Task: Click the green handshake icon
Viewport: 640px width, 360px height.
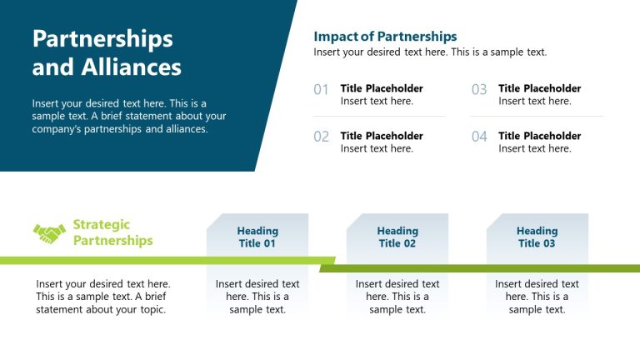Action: (x=49, y=234)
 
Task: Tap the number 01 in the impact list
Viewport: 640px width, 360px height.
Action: (x=322, y=89)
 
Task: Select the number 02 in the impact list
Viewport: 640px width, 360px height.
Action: (x=322, y=137)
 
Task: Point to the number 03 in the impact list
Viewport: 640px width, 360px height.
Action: (x=479, y=89)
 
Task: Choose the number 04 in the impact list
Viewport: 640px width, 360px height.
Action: (x=479, y=137)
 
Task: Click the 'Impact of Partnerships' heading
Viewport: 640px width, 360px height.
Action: (x=385, y=37)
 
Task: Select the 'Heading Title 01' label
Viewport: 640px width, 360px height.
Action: (x=257, y=237)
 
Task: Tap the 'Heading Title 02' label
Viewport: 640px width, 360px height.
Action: (x=397, y=237)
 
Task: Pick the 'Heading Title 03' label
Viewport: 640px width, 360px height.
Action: (x=537, y=237)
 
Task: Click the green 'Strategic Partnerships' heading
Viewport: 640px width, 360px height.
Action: (x=112, y=232)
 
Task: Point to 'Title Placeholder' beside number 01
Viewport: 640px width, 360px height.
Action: (x=382, y=88)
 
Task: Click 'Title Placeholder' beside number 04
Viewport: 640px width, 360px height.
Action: (x=540, y=136)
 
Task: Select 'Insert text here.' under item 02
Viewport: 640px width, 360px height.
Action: (x=377, y=149)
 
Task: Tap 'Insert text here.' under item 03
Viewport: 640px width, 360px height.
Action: (x=535, y=102)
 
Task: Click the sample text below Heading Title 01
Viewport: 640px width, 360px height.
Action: (x=257, y=297)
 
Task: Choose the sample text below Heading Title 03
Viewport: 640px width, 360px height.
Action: (x=537, y=297)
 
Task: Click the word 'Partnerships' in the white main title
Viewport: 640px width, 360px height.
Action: (x=102, y=39)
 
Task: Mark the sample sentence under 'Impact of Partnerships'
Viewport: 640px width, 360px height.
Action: (x=430, y=52)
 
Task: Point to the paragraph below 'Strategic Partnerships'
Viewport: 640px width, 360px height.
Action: (x=102, y=297)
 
